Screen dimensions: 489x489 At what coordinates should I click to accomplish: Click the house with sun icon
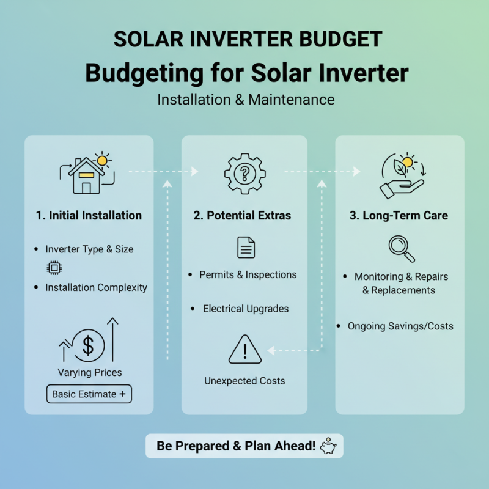(x=87, y=173)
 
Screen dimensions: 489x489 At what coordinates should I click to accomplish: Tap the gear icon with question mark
(x=244, y=174)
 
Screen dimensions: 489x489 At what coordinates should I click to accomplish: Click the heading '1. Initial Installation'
(x=89, y=215)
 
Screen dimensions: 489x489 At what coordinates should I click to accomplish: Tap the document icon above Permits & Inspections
(x=245, y=248)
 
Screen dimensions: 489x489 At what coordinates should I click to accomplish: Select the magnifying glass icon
(x=402, y=248)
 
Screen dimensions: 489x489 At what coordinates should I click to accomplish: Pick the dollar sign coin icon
(x=89, y=345)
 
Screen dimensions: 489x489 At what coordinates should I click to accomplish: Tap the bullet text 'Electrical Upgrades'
(x=246, y=309)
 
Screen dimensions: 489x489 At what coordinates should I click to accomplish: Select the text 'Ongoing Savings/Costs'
(x=400, y=326)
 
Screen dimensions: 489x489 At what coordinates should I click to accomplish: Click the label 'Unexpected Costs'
(x=244, y=381)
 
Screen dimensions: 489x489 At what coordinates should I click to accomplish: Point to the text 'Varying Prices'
(x=89, y=372)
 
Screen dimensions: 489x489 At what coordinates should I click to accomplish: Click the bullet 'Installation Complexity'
(x=96, y=287)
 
